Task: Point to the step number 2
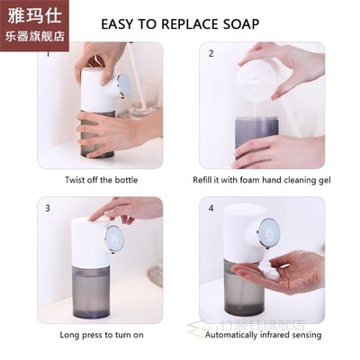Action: pyautogui.click(x=211, y=53)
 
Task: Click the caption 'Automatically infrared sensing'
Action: pyautogui.click(x=263, y=333)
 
